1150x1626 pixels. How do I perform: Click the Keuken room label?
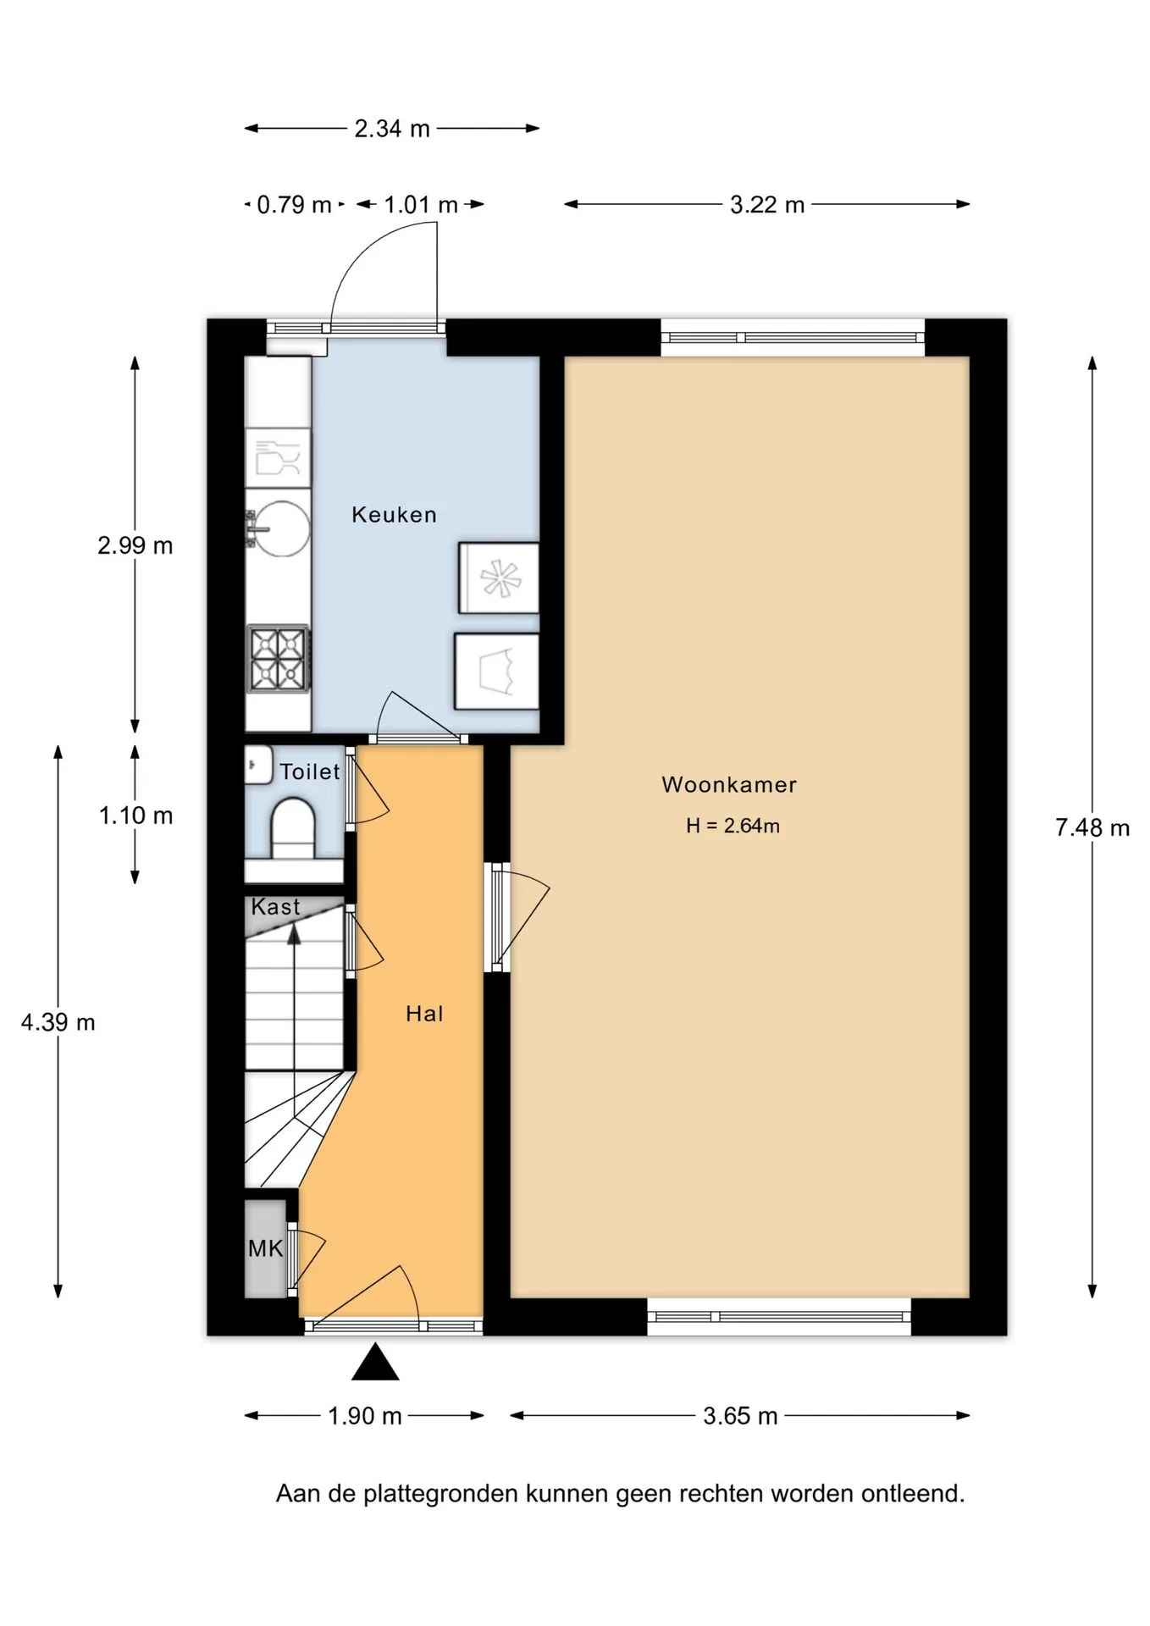(394, 514)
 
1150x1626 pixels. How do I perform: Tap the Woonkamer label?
(729, 784)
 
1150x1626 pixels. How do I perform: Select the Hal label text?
(424, 1014)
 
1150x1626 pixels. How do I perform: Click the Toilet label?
(310, 772)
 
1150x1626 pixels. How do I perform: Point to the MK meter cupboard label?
(266, 1248)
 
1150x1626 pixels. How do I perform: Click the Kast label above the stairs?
(276, 906)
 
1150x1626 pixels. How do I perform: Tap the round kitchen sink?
(279, 528)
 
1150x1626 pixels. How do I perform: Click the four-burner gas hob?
(279, 659)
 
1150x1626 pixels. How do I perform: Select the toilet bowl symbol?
(293, 827)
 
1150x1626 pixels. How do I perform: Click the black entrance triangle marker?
(375, 1362)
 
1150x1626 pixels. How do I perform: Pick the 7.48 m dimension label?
(1092, 827)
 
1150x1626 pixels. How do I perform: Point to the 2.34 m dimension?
(392, 129)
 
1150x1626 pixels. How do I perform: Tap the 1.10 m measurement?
(135, 816)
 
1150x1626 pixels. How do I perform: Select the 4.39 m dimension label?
(58, 1022)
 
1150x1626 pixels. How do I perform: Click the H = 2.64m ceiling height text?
(733, 826)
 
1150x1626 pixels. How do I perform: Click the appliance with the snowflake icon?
(499, 578)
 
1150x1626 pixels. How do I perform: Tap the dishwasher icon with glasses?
(279, 457)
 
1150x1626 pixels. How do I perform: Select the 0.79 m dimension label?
(294, 205)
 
